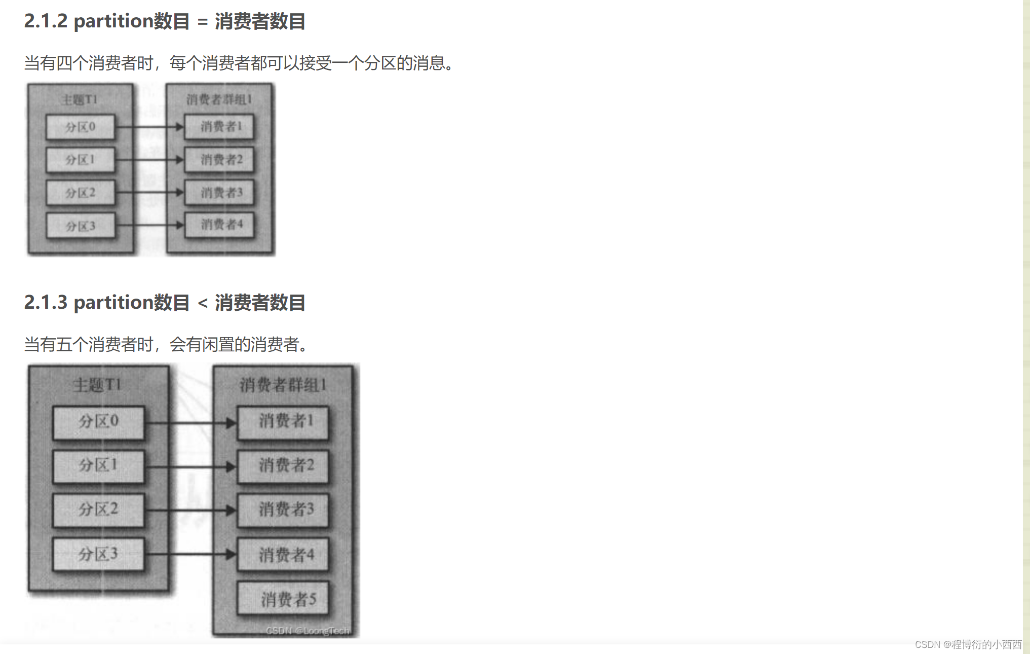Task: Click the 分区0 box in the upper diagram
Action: pos(80,127)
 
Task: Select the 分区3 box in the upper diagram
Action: pos(80,226)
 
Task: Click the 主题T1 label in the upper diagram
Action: pos(79,99)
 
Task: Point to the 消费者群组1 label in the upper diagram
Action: pos(219,99)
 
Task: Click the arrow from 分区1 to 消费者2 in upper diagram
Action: pos(149,160)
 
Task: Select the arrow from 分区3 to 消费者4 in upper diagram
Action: pos(149,225)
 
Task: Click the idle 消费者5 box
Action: pos(288,599)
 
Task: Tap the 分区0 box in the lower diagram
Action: pos(98,421)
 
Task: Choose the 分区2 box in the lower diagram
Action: pos(98,510)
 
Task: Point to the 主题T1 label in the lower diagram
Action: pos(97,385)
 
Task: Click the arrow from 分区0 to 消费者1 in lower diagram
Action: pos(190,422)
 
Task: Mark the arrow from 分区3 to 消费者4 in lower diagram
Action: pos(190,555)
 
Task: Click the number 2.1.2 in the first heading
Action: pos(46,21)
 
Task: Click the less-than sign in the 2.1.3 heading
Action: pos(203,303)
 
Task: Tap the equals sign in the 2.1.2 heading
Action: pos(203,22)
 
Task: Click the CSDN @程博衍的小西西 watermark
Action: pos(968,644)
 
